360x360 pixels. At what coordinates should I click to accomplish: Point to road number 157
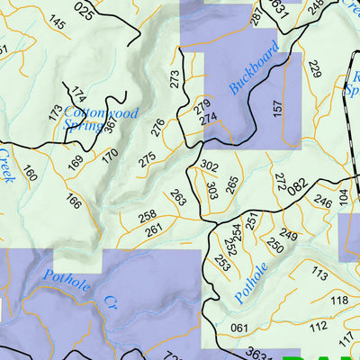pyautogui.click(x=277, y=107)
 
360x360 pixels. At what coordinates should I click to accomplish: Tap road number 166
pyautogui.click(x=73, y=201)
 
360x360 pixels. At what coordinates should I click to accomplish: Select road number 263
pyautogui.click(x=177, y=198)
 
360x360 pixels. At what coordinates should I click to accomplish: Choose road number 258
pyautogui.click(x=147, y=214)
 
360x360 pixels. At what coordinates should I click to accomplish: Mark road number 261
pyautogui.click(x=153, y=230)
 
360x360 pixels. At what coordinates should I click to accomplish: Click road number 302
pyautogui.click(x=209, y=166)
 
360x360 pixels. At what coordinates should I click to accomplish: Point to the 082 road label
pyautogui.click(x=297, y=188)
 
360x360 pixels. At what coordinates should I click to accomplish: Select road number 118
pyautogui.click(x=338, y=300)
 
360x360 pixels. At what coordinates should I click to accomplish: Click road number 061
pyautogui.click(x=238, y=327)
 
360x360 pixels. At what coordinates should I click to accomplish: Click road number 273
pyautogui.click(x=175, y=79)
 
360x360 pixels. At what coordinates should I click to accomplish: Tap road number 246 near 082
pyautogui.click(x=321, y=202)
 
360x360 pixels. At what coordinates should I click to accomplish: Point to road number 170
pyautogui.click(x=110, y=155)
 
